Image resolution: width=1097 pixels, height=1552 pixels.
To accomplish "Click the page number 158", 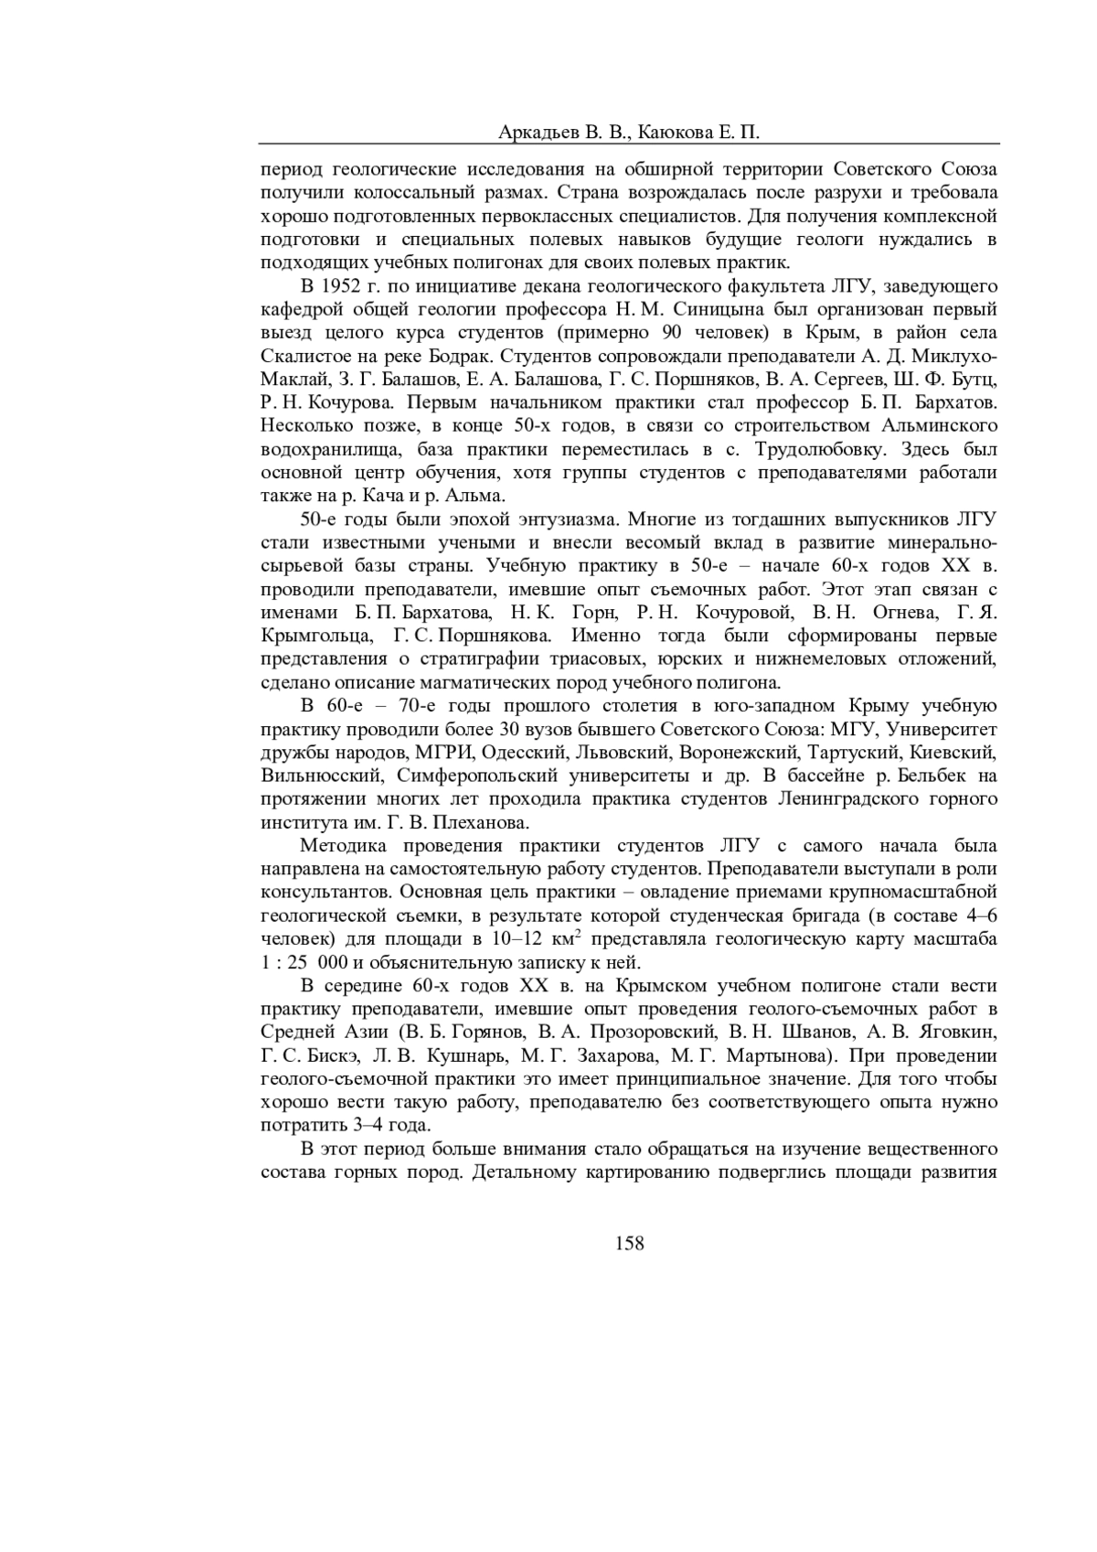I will pos(630,1243).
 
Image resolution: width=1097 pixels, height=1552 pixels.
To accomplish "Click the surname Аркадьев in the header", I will pos(537,133).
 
